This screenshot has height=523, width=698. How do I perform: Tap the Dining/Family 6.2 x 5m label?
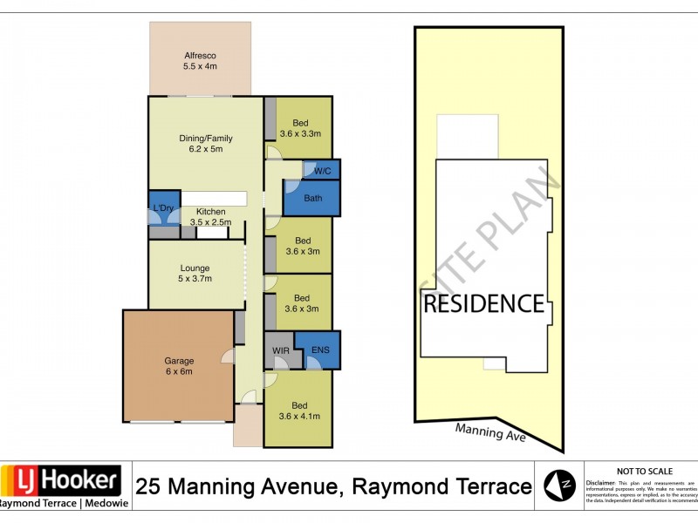206,143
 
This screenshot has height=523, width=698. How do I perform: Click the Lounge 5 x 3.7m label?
195,272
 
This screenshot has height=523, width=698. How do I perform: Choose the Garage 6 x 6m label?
179,365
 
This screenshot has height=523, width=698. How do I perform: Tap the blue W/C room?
321,170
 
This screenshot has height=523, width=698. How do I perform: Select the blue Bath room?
311,199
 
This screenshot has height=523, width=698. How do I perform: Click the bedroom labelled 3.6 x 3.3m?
301,128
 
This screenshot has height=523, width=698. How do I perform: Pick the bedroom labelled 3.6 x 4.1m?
301,411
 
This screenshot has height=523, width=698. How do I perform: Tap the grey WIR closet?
278,351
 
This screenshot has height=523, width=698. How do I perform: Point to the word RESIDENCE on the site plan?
483,304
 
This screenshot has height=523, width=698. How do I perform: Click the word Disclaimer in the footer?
601,482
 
